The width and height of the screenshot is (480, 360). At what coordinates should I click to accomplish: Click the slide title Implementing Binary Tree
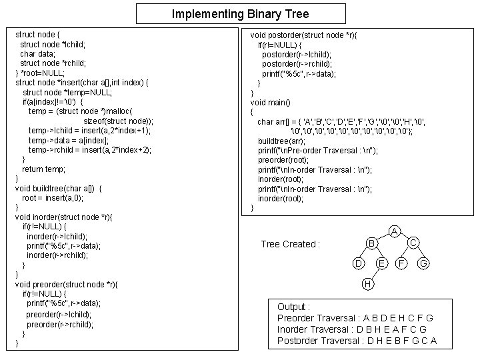240,13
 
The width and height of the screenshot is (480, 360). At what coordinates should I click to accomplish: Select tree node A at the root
395,231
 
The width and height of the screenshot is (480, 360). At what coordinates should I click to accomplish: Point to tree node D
359,265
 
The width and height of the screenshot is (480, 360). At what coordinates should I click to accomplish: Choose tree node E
381,265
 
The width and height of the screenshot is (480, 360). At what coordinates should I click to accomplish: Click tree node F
402,265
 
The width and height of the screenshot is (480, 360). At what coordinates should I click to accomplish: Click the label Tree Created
291,244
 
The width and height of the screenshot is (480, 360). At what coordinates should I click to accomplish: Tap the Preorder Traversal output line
355,318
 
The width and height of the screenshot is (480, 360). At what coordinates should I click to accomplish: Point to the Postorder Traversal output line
357,341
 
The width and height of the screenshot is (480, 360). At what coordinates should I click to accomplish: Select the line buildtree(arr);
283,141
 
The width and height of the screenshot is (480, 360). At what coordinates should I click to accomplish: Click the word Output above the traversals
293,307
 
